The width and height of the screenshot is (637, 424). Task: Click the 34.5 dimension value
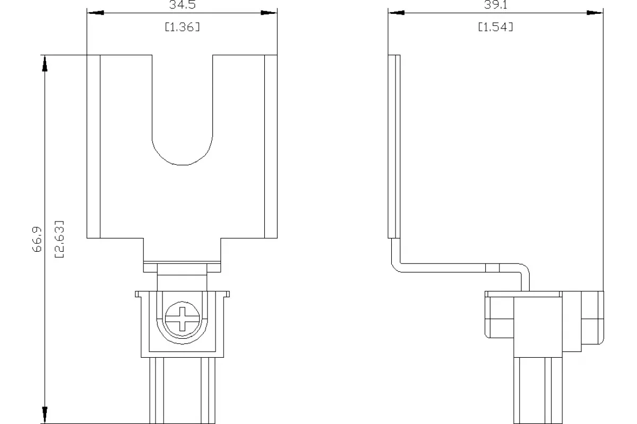click(183, 5)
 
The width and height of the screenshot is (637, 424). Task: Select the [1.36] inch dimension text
click(183, 27)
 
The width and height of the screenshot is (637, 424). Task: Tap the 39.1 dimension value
click(495, 5)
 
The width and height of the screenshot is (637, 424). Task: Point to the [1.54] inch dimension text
click(495, 27)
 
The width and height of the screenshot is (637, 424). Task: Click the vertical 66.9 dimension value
click(37, 239)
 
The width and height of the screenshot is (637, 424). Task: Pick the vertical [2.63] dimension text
click(59, 239)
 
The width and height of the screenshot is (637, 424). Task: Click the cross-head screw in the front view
click(182, 319)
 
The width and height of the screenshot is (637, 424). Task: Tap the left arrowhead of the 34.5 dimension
click(96, 13)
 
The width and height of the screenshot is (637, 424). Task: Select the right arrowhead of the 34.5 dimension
click(269, 13)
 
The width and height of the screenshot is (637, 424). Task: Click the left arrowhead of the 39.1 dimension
click(397, 13)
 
